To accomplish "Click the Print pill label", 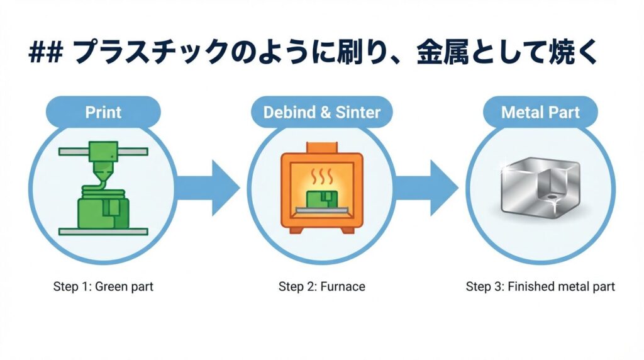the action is [103, 112].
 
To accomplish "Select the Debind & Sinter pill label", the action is [321, 112].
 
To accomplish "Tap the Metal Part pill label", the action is [540, 112].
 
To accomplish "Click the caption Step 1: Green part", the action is [103, 286].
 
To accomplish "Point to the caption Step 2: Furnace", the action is [321, 286].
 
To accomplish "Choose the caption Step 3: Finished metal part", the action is [540, 286].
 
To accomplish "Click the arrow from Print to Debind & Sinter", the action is [208, 188].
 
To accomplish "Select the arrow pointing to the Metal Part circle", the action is [426, 188].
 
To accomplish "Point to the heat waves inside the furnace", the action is [321, 176].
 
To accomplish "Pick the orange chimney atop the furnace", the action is [322, 147].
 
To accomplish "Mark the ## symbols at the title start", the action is [45, 53].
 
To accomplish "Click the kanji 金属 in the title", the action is [443, 53].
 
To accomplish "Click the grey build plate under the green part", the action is [103, 232].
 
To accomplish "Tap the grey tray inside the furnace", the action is [322, 210].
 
